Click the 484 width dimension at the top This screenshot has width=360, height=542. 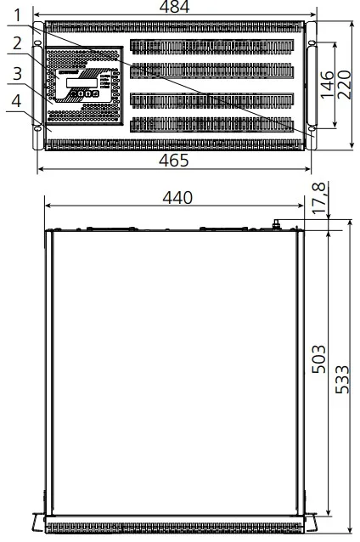(174, 7)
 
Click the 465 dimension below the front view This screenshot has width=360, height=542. (174, 161)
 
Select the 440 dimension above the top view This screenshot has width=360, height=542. (177, 198)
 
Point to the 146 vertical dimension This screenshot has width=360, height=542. (327, 85)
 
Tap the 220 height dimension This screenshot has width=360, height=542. (344, 85)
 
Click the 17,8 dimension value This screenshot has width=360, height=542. (319, 198)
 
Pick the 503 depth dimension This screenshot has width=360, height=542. (318, 359)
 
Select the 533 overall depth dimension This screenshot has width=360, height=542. (342, 380)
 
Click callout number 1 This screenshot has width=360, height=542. (17, 15)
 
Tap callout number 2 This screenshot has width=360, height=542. (17, 43)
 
